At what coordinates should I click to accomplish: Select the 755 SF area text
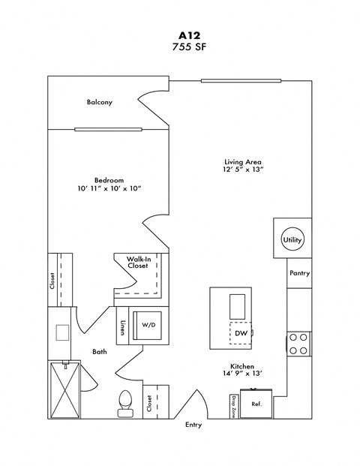click(179, 49)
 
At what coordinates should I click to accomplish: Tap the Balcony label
click(100, 102)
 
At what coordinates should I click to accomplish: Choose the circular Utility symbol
click(292, 239)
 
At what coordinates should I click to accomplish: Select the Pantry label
click(299, 274)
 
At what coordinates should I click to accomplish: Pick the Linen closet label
click(122, 329)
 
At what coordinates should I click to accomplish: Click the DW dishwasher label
click(240, 332)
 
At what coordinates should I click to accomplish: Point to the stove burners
click(298, 344)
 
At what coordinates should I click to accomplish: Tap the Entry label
click(193, 425)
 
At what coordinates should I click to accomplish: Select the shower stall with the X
click(64, 389)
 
